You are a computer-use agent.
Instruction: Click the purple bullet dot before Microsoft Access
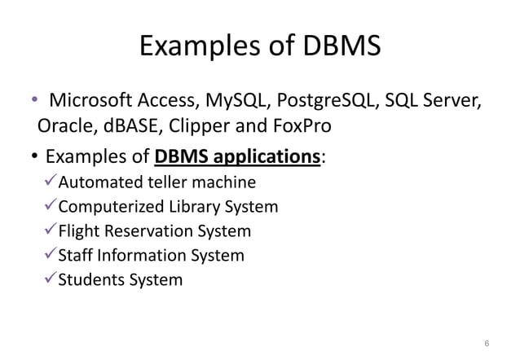coord(34,102)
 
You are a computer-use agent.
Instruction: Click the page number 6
coord(487,343)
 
